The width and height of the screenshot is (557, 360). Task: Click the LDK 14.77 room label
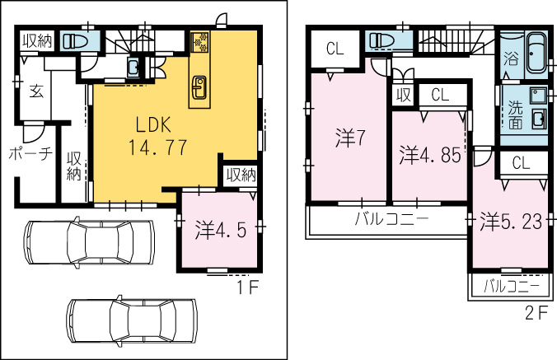pos(157,136)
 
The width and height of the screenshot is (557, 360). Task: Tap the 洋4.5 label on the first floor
pos(220,230)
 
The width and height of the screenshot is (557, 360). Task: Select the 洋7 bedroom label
pos(350,138)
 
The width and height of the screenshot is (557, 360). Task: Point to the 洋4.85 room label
pos(430,155)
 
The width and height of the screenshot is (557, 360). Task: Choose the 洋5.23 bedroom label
pos(511,222)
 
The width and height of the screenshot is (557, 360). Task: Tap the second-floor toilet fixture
pos(381,40)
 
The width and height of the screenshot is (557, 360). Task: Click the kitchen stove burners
pos(200,42)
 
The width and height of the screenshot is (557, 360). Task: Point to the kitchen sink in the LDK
pos(198,87)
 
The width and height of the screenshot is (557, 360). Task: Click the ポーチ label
pos(30,154)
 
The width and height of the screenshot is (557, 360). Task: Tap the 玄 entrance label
pos(36,91)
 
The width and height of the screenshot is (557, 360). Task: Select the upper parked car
pos(89,242)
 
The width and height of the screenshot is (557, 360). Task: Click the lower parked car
pos(132,321)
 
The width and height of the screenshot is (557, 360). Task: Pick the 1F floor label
pos(247,288)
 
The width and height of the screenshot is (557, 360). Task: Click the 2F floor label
pos(536,313)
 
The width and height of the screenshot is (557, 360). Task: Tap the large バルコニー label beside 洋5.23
pos(392,218)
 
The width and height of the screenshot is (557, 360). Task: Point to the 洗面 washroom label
pos(515,115)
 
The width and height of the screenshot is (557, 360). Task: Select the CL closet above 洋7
pos(335,49)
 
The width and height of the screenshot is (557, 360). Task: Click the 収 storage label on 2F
pos(404,95)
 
